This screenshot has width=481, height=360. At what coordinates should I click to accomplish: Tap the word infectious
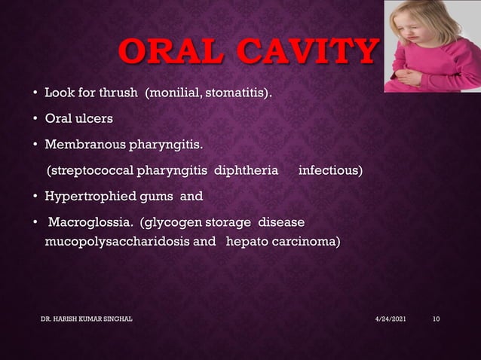point(330,171)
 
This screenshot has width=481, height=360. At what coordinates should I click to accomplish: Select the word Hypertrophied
point(87,197)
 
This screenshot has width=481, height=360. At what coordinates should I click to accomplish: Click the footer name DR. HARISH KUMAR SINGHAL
point(87,320)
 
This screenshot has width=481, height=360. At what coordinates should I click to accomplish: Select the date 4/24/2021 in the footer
point(391,320)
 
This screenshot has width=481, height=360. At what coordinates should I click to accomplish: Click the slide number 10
point(436,320)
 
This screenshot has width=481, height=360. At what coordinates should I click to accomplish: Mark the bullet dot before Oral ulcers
point(35,120)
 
